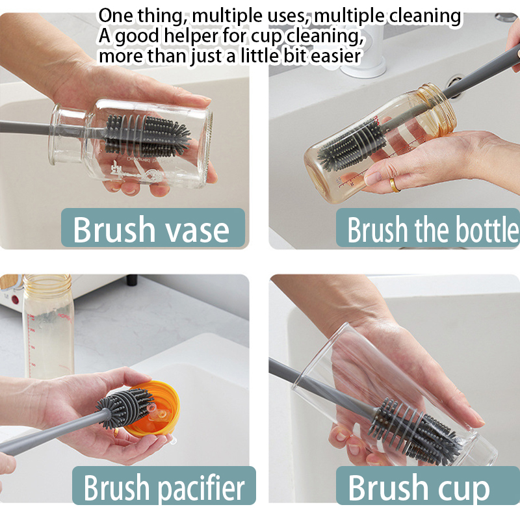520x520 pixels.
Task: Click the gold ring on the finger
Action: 395,185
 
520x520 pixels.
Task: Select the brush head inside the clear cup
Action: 416,428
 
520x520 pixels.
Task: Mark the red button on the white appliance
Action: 15,300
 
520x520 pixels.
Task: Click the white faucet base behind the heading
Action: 363,64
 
